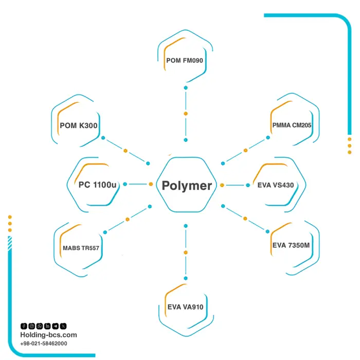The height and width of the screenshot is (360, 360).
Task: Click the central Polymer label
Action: (x=187, y=186)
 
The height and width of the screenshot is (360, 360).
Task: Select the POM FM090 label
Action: (x=185, y=60)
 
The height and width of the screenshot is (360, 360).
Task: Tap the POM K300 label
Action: (x=79, y=125)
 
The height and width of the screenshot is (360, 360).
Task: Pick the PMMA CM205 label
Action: (x=292, y=125)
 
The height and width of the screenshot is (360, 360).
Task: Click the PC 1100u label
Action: (x=97, y=185)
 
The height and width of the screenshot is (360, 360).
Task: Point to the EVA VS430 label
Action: (x=276, y=185)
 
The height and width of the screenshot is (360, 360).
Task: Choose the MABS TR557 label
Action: (x=81, y=248)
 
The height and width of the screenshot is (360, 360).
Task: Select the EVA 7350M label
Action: (x=291, y=245)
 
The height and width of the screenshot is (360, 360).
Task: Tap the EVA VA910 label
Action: (x=185, y=307)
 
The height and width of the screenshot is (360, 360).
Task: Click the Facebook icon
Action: (x=24, y=326)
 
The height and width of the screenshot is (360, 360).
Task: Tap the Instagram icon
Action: (x=32, y=326)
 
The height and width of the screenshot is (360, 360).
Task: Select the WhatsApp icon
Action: (x=40, y=326)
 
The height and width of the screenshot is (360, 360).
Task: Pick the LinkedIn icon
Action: (x=47, y=326)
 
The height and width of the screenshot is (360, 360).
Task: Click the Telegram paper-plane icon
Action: (x=56, y=326)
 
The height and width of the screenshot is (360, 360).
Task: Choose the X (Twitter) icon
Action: (x=63, y=326)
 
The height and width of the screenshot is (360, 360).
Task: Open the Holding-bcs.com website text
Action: (x=48, y=335)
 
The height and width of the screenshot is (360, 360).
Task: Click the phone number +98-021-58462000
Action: (x=44, y=344)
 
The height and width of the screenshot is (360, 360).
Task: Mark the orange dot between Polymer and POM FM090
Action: (x=186, y=114)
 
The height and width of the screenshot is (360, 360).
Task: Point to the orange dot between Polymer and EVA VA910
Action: (x=186, y=253)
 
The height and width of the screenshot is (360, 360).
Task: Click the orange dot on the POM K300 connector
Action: (x=125, y=151)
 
